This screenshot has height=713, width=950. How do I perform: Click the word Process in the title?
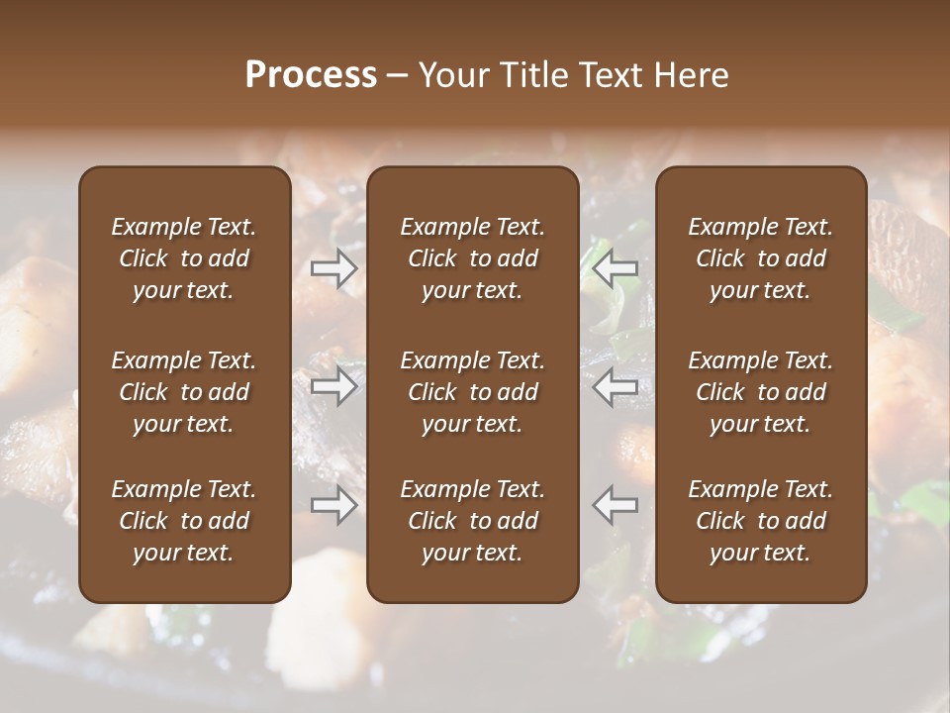click(x=311, y=74)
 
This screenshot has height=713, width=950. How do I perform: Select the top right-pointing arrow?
click(x=333, y=267)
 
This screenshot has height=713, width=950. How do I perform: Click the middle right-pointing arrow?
click(x=333, y=386)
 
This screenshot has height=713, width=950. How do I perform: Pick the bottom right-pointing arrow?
click(x=333, y=505)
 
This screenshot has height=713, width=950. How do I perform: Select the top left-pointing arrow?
click(x=616, y=267)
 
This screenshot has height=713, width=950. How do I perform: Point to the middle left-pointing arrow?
click(x=616, y=386)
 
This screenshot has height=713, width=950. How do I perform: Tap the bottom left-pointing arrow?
click(x=616, y=505)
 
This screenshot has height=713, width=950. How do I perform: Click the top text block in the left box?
click(x=184, y=258)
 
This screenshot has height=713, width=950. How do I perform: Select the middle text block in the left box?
click(x=184, y=392)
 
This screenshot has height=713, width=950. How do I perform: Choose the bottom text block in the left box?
click(x=184, y=521)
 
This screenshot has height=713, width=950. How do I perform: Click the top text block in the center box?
click(x=472, y=258)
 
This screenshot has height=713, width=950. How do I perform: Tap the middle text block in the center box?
click(x=472, y=392)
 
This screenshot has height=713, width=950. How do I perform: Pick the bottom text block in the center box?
click(x=472, y=521)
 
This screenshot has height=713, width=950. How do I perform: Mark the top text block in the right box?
click(x=760, y=258)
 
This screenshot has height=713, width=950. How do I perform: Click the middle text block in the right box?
click(x=760, y=392)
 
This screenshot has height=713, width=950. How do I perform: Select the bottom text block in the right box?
click(x=760, y=521)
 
